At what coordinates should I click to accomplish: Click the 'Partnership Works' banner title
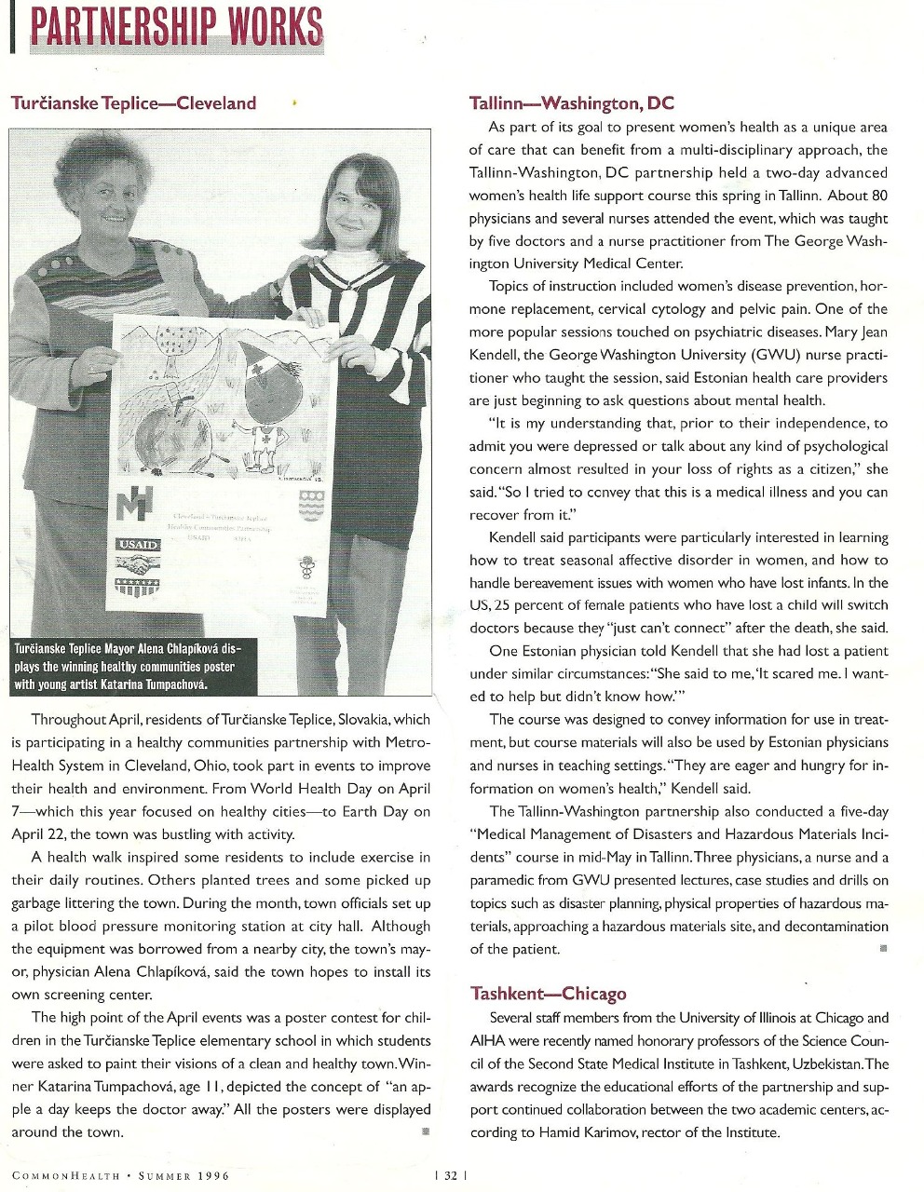click(x=177, y=26)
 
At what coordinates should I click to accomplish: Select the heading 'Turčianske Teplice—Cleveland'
click(x=133, y=103)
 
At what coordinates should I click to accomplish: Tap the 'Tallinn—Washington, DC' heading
click(x=572, y=103)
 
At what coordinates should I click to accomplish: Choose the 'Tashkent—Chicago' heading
click(x=548, y=994)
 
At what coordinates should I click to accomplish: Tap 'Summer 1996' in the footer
click(x=183, y=1175)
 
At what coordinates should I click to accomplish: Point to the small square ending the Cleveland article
click(x=426, y=1131)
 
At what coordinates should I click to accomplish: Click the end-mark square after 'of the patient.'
click(x=882, y=947)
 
